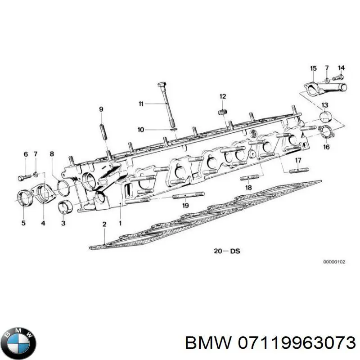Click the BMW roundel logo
click(20, 343)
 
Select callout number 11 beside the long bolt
click(141, 104)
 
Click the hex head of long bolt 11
click(162, 85)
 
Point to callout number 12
click(223, 96)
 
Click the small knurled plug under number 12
click(222, 112)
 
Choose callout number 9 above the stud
click(101, 109)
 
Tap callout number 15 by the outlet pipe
click(313, 68)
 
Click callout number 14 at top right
click(342, 68)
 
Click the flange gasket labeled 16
click(326, 133)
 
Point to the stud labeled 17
click(299, 171)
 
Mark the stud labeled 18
click(249, 177)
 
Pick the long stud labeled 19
click(188, 195)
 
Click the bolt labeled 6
click(24, 177)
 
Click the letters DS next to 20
click(234, 251)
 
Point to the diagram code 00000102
click(334, 262)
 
